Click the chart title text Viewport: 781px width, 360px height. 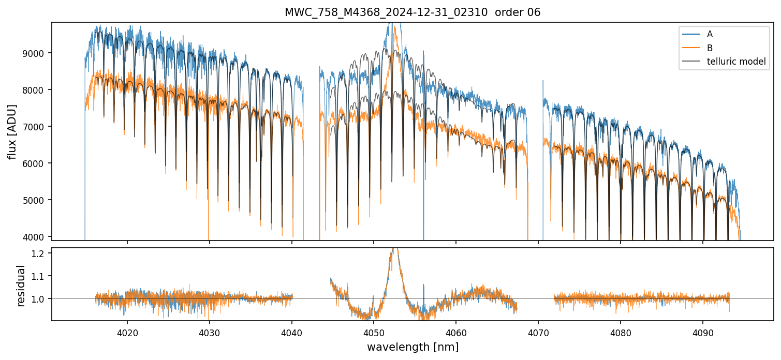pos(412,12)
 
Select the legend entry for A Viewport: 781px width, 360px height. pos(710,34)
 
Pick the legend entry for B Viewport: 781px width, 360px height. pos(710,48)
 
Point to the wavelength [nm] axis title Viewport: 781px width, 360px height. pos(412,347)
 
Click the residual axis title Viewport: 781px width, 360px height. pos(21,285)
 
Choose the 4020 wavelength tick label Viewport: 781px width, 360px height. pos(127,333)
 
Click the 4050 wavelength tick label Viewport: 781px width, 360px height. pos(373,333)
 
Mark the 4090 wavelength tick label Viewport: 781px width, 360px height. pos(702,333)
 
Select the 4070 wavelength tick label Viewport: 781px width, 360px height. pos(538,333)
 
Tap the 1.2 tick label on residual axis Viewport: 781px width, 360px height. pos(41,253)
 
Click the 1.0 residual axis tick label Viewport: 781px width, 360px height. pos(41,299)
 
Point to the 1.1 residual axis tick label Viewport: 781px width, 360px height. pos(41,276)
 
